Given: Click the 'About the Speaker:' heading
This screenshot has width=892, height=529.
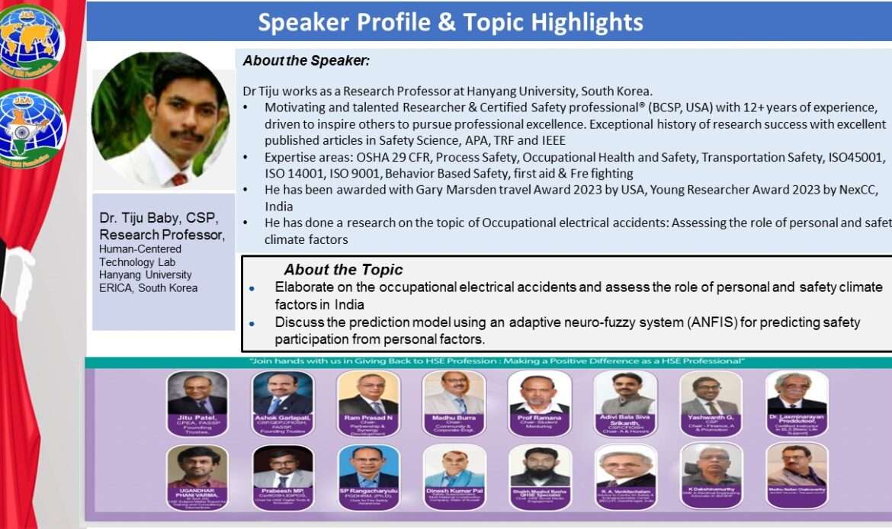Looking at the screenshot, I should coord(306,60).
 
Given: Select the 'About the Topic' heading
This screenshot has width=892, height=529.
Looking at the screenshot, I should coord(343,270).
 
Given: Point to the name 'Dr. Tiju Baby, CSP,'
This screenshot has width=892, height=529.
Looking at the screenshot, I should coord(159,219).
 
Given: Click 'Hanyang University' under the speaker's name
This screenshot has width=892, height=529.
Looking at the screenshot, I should coord(146,274).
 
